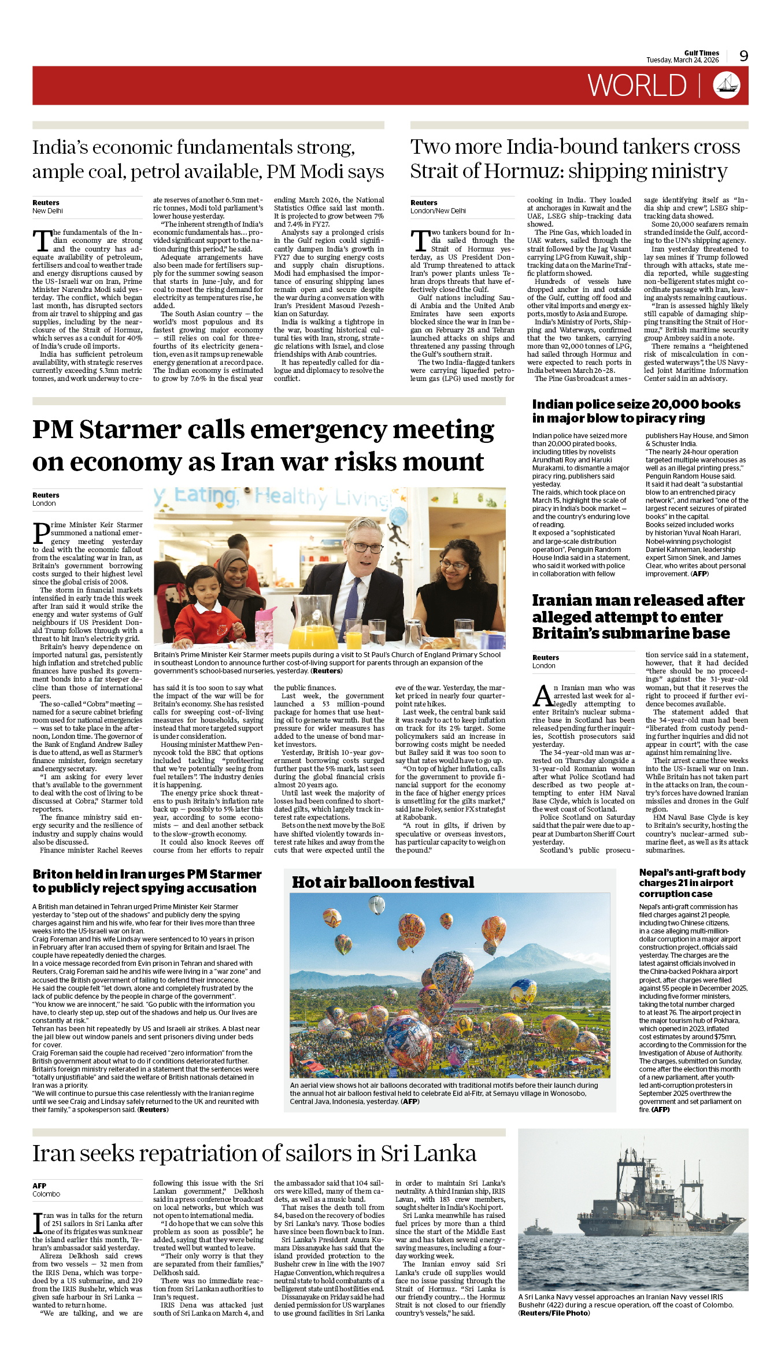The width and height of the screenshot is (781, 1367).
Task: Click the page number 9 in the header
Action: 743,56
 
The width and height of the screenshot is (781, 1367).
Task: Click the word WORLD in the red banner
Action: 637,86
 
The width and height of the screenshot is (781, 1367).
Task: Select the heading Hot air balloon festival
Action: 383,883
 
